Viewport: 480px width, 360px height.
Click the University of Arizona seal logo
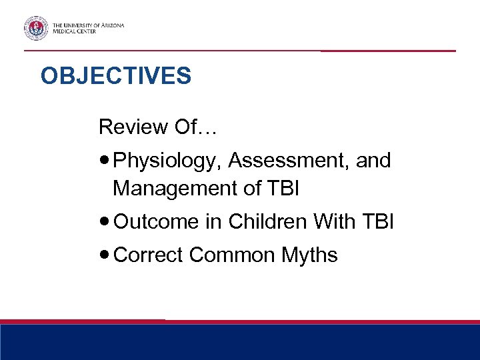(35, 28)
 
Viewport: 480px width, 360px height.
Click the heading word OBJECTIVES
(115, 76)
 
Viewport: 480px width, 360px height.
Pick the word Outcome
(156, 221)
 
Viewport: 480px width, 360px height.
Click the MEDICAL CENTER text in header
(74, 31)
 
